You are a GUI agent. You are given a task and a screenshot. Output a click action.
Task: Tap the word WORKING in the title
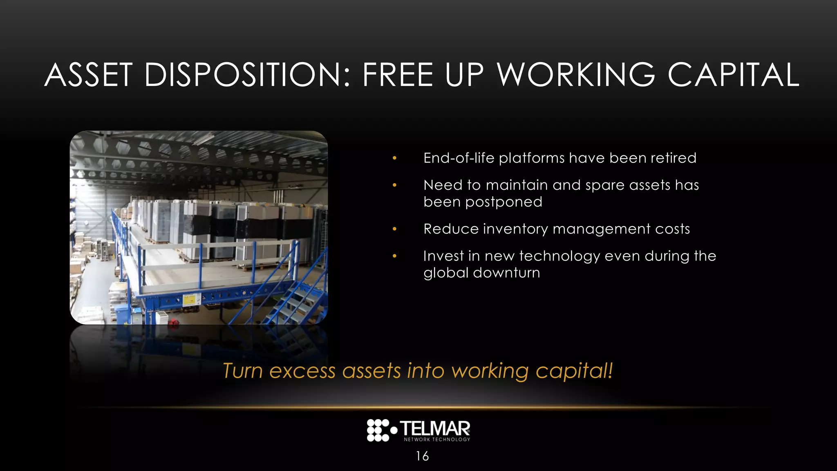576,75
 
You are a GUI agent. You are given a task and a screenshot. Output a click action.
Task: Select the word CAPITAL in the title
733,75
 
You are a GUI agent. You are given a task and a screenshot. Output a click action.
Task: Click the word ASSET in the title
88,75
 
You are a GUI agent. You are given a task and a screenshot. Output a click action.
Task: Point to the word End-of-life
459,158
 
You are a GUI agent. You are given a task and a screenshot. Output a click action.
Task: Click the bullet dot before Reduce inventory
394,229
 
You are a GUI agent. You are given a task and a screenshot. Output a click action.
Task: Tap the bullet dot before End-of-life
394,158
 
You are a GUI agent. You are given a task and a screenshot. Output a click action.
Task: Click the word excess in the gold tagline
302,371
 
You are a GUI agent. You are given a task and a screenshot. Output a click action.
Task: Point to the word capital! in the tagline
574,371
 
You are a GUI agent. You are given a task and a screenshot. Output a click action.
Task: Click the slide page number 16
422,456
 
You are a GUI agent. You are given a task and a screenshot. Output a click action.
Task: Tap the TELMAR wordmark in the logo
435,428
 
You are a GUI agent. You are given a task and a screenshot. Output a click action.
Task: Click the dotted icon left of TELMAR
379,430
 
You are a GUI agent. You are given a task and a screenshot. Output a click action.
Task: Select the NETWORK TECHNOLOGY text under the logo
437,440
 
